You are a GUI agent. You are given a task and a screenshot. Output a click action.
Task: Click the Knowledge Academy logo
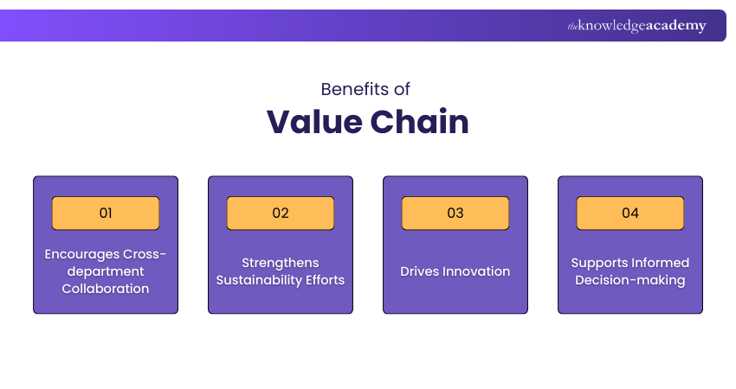(x=636, y=26)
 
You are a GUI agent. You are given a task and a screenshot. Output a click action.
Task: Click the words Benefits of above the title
(x=365, y=89)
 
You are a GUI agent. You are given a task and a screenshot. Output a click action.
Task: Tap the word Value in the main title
(x=313, y=122)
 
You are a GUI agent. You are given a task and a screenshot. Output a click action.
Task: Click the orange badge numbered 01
(x=106, y=213)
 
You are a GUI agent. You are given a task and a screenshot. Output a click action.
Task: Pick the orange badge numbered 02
(x=281, y=213)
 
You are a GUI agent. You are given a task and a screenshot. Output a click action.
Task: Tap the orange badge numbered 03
(x=455, y=213)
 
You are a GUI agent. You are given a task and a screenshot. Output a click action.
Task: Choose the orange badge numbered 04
(x=630, y=213)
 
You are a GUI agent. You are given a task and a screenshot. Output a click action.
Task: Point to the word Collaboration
(x=106, y=289)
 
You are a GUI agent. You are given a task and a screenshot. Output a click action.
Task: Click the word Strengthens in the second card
(x=281, y=263)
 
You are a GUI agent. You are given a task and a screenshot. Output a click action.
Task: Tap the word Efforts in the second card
(x=324, y=280)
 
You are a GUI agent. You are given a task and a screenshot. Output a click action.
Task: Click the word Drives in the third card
(x=420, y=271)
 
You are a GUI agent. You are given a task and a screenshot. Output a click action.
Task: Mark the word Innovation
(x=477, y=271)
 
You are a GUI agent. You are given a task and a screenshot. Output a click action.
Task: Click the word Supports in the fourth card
(x=599, y=263)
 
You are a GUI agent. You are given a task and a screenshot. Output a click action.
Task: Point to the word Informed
(x=660, y=263)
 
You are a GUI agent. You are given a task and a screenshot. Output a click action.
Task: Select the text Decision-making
(x=630, y=280)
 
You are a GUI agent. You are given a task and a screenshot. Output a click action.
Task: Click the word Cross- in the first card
(x=143, y=254)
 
